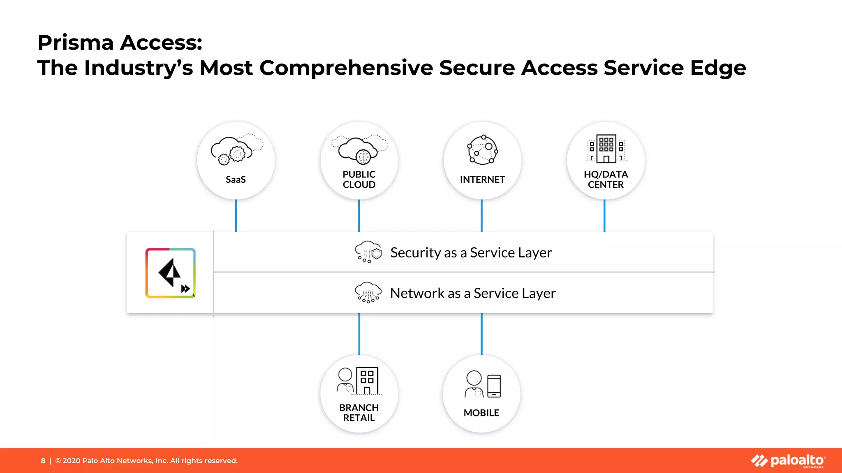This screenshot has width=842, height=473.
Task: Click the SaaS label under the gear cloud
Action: pos(236,179)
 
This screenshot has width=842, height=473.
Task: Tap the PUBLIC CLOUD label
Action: pos(359,179)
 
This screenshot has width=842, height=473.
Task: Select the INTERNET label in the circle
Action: pos(482,179)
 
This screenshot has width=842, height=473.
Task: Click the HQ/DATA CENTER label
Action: pos(606,179)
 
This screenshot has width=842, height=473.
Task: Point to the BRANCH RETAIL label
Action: pos(359,413)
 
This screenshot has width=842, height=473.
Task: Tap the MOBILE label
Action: pos(481,413)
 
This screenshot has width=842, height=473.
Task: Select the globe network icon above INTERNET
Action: pos(483,150)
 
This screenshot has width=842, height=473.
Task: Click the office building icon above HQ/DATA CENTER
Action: pos(606,149)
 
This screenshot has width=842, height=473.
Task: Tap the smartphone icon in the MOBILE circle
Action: pos(494,386)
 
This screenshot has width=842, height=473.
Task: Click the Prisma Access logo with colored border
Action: pos(170,273)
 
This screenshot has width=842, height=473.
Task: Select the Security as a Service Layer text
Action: pos(471,253)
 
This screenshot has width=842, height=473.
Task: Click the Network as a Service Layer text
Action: pos(473,293)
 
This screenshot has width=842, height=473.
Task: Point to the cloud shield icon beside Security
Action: pos(368,252)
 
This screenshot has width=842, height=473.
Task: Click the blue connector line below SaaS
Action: pos(236,216)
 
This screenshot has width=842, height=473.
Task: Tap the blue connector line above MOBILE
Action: pos(481,333)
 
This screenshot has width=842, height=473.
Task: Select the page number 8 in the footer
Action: pos(43,461)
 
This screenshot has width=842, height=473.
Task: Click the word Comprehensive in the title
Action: pos(346,68)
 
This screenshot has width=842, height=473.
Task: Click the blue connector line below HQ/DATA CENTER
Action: pos(604,216)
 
